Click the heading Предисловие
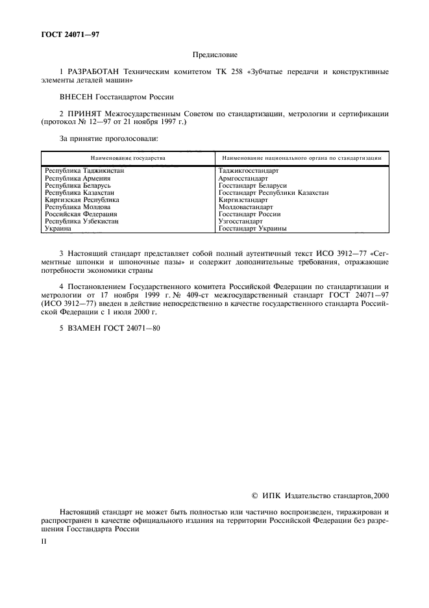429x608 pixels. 214,57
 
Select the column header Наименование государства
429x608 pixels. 127,158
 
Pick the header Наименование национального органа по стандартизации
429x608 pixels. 300,158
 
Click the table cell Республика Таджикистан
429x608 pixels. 84,170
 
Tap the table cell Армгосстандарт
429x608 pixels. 243,178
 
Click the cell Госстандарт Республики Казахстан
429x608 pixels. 273,193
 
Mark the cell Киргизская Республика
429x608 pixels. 82,200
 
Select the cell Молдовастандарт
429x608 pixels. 245,207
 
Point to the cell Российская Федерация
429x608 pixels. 80,214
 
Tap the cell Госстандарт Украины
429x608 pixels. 252,229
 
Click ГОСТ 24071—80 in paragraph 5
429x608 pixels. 132,328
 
